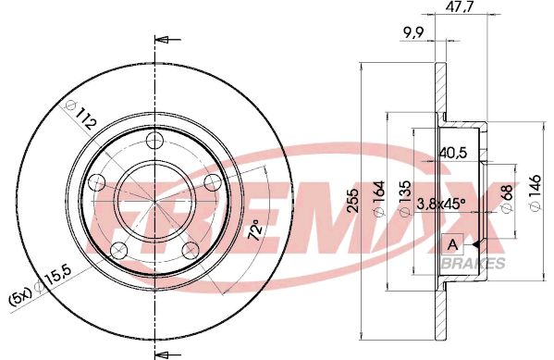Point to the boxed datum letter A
pos(452,244)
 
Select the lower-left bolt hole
pos(117,251)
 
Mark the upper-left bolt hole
pos(95,183)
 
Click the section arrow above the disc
pos(165,39)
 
